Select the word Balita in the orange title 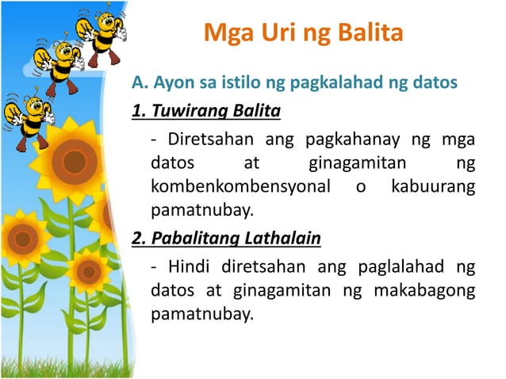(367, 34)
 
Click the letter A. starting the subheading (140, 82)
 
